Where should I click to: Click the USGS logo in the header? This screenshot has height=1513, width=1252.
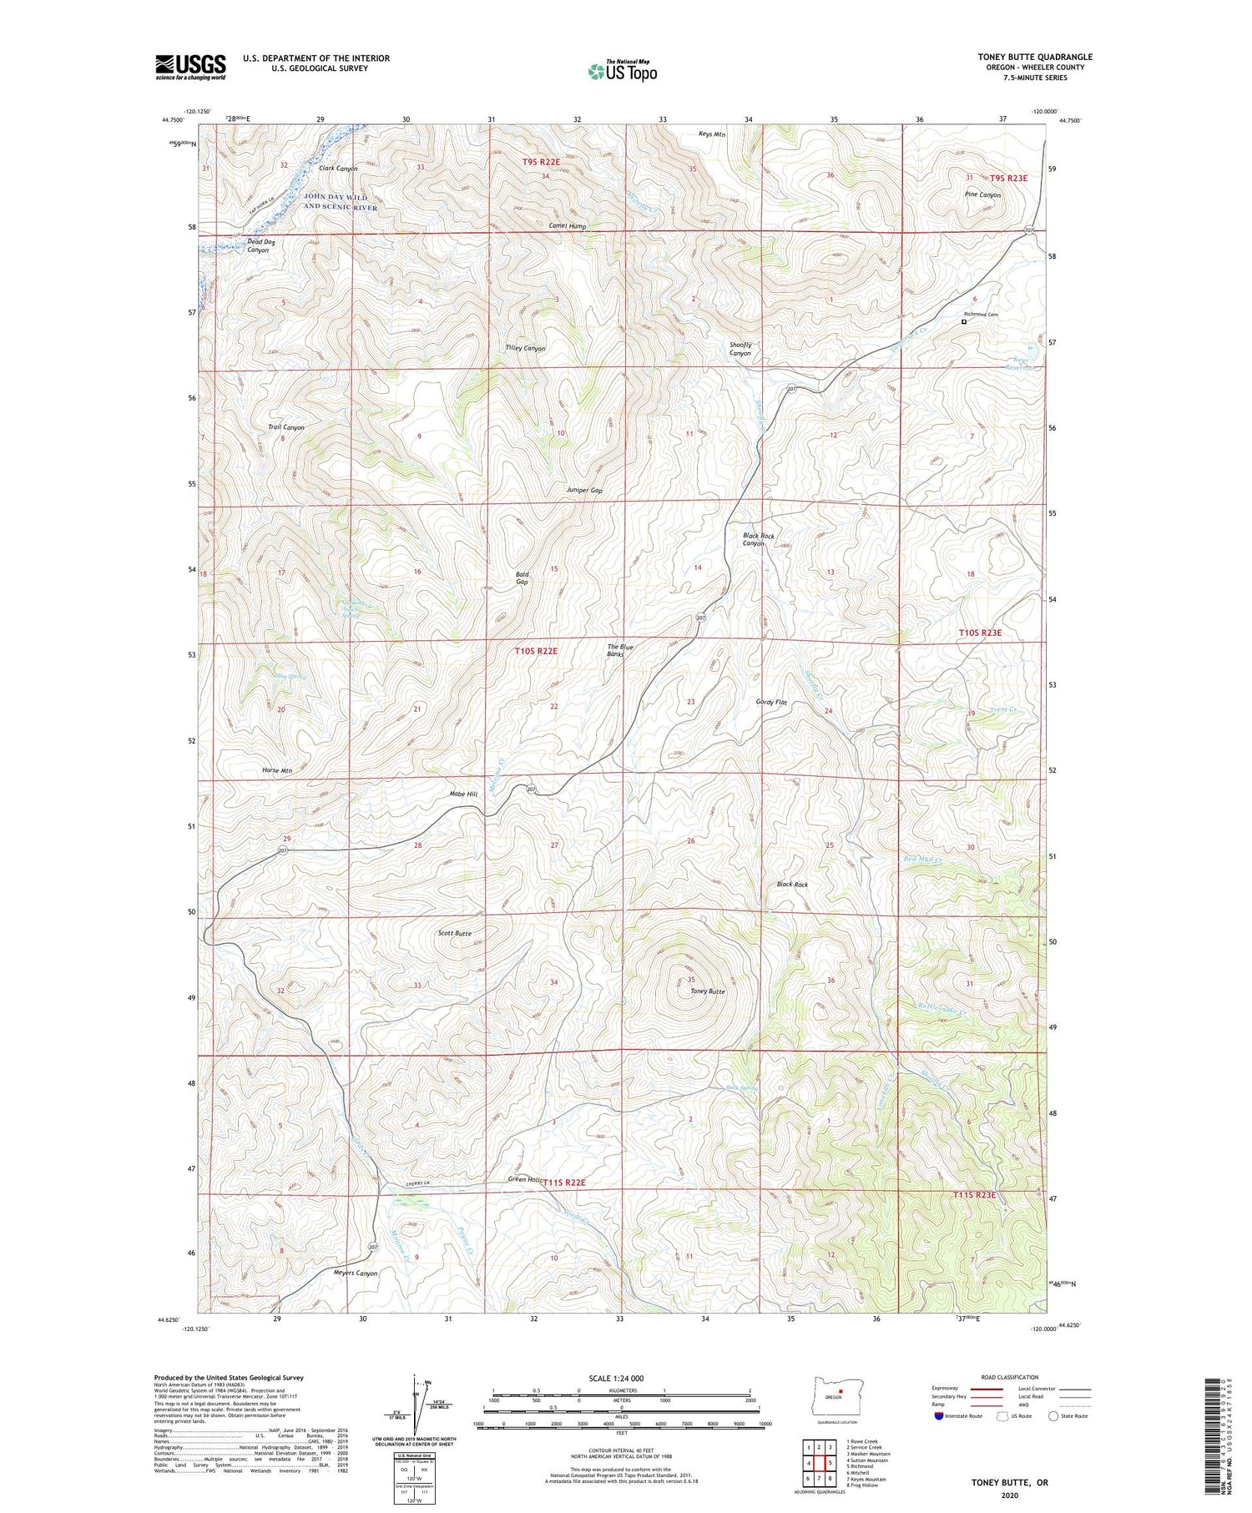(x=190, y=67)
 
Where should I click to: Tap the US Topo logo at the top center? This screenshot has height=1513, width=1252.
(x=622, y=72)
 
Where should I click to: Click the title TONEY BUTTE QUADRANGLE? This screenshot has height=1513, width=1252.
(x=1035, y=57)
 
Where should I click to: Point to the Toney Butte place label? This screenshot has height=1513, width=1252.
(x=708, y=991)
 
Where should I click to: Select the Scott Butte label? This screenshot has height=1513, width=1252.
(x=455, y=933)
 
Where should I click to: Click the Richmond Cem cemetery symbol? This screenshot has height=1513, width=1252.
(x=964, y=321)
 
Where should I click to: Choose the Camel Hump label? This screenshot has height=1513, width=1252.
(x=568, y=226)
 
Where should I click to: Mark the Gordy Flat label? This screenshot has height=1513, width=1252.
(x=771, y=703)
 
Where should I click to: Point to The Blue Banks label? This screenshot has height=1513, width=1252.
(x=615, y=651)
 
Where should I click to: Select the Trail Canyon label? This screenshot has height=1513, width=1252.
(x=285, y=427)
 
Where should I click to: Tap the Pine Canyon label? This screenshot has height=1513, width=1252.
(x=982, y=194)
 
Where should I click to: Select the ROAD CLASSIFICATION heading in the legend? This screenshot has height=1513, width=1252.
(x=1010, y=1377)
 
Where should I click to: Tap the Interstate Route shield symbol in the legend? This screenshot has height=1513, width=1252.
(x=938, y=1416)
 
